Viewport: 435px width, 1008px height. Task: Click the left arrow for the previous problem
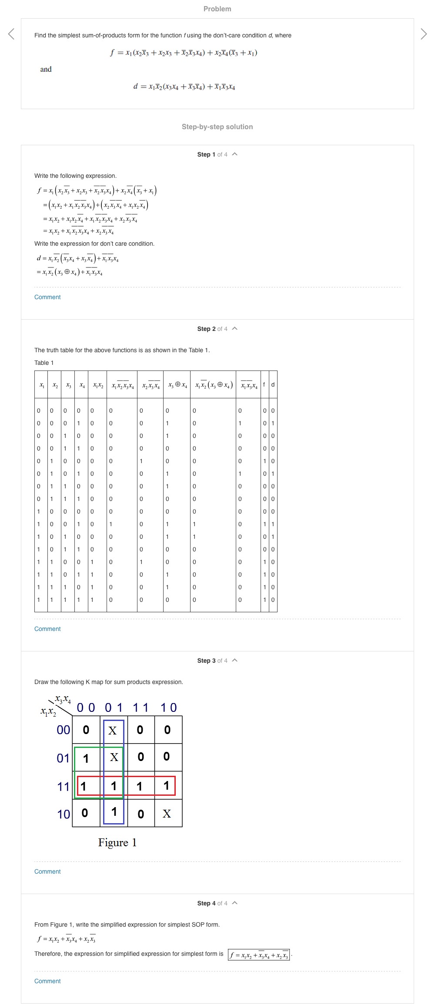pos(11,34)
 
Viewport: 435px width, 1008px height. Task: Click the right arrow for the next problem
pos(424,34)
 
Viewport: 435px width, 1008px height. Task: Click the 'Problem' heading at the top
pos(217,9)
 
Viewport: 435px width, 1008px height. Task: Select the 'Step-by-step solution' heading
pos(217,127)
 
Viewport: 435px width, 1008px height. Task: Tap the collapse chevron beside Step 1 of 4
pos(235,154)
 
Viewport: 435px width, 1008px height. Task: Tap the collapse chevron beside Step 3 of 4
pos(235,661)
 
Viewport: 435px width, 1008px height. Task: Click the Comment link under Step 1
pos(47,297)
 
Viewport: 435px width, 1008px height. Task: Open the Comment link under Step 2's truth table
pos(47,629)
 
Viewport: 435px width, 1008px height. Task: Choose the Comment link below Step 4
pos(47,981)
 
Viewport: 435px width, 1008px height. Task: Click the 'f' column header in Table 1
pos(264,384)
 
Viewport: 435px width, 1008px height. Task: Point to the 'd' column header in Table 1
pos(273,384)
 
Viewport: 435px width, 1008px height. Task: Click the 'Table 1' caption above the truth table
pos(44,363)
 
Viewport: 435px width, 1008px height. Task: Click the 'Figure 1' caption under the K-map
pos(117,843)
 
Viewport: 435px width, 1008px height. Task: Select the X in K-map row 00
pos(113,731)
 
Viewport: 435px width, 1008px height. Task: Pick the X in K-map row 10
pos(167,814)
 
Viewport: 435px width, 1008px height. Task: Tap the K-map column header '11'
pos(141,708)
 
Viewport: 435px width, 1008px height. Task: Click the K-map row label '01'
pos(64,758)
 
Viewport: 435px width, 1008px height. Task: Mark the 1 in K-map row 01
pos(86,758)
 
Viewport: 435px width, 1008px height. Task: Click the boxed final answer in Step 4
pos(259,955)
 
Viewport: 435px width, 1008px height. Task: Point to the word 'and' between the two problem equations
pos(46,69)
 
